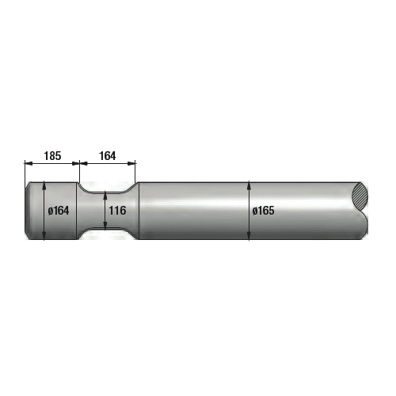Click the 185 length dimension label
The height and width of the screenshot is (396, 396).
52,155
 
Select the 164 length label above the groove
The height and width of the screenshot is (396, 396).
107,155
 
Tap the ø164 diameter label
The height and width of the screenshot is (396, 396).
61,211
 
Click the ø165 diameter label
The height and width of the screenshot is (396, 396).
265,211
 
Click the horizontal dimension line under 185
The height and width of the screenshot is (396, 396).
52,164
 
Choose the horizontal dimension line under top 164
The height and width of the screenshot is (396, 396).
108,164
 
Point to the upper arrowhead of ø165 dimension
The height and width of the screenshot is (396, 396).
250,186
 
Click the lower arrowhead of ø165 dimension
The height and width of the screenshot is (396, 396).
250,236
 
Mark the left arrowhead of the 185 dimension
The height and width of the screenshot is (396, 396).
28,164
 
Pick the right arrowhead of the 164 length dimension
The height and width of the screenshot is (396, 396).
133,164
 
